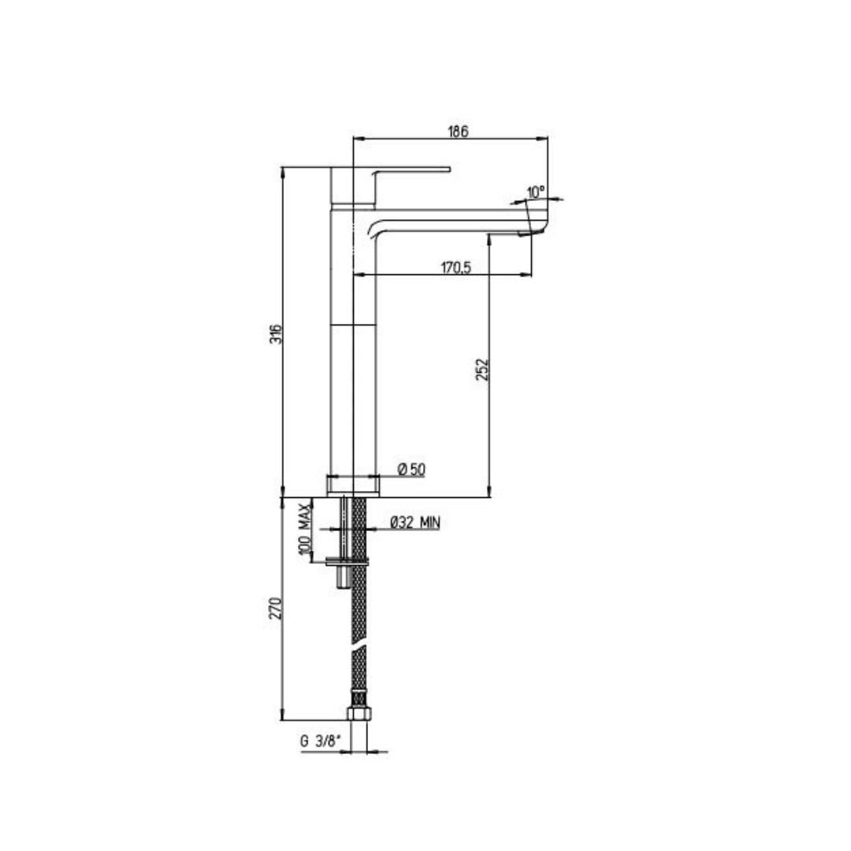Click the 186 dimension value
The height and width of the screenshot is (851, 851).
(x=458, y=132)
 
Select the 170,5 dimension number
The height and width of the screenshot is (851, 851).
(x=456, y=267)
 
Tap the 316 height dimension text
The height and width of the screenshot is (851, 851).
(x=277, y=334)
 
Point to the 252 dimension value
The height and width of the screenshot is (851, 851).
(x=482, y=369)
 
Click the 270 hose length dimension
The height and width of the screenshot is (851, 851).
(x=277, y=608)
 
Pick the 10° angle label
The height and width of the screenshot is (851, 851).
(x=535, y=191)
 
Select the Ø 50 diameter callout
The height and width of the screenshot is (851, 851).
(x=412, y=469)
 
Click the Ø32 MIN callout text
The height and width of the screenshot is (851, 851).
(x=415, y=522)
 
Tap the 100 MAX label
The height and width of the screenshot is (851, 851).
(x=304, y=530)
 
